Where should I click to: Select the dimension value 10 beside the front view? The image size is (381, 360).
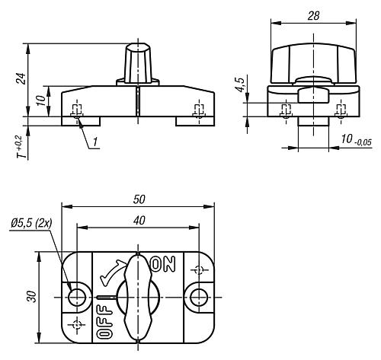point(39,100)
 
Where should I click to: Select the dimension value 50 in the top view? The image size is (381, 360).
point(138,199)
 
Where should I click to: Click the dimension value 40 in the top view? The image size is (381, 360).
point(138,221)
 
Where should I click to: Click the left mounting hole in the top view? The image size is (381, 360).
point(77,295)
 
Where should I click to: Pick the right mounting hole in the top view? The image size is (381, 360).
point(199,295)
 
